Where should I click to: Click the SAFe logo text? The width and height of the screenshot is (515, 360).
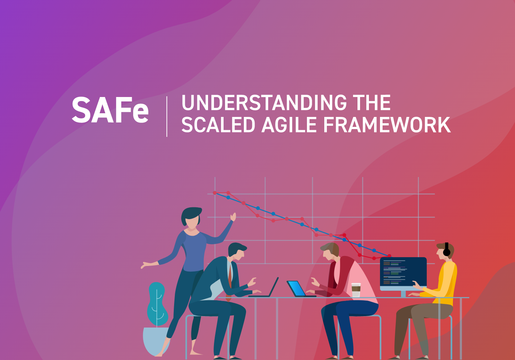[x=110, y=110]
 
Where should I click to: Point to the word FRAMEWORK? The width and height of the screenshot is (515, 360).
[x=387, y=125]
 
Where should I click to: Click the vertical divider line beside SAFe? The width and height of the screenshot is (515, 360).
[x=167, y=117]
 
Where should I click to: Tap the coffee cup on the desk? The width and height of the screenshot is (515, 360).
[x=356, y=290]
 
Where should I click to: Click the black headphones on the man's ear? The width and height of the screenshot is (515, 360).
[x=447, y=250]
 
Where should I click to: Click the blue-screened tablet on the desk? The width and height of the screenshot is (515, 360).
[x=297, y=288]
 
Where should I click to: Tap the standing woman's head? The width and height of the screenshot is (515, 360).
[x=191, y=218]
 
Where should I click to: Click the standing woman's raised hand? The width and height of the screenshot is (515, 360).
[x=233, y=217]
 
